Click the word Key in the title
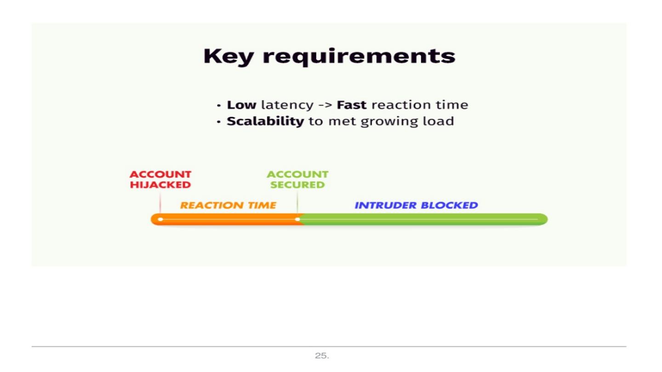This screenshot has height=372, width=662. [x=228, y=56]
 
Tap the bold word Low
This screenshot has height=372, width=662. [x=241, y=105]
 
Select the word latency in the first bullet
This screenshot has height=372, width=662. [x=287, y=105]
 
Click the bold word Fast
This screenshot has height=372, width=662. [x=352, y=105]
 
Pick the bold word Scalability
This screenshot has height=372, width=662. [x=265, y=121]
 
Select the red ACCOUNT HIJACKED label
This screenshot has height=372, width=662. [x=160, y=180]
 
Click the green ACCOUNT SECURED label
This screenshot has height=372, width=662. [x=297, y=180]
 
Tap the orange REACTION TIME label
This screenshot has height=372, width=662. [x=228, y=205]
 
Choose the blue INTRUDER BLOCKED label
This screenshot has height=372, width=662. [x=416, y=205]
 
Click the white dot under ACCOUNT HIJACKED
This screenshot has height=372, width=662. [x=160, y=220]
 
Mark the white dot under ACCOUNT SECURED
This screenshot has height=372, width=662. [x=297, y=220]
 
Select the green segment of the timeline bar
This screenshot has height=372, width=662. [x=423, y=220]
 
